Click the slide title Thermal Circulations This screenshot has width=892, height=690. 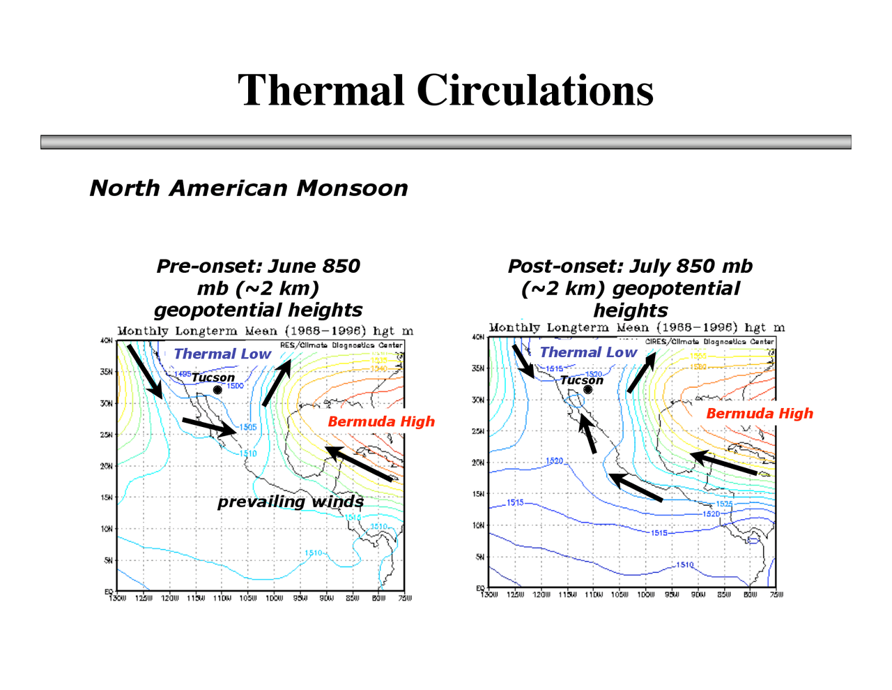[445, 91]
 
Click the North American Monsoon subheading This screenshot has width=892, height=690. [249, 188]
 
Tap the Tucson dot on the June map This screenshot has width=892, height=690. [217, 390]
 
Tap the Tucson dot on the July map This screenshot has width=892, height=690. [587, 389]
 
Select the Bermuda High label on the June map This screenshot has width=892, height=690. [380, 421]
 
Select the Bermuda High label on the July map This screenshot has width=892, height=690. [759, 413]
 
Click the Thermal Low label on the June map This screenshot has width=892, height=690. [222, 354]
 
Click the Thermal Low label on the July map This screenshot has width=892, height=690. [588, 352]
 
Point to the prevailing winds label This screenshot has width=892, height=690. [290, 502]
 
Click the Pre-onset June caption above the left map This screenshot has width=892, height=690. [258, 287]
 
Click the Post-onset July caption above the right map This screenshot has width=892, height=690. [630, 287]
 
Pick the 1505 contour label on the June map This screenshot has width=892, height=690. [247, 427]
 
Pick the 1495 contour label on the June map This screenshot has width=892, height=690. [183, 374]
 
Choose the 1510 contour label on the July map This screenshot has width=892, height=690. [684, 564]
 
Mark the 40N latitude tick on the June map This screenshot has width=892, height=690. [108, 341]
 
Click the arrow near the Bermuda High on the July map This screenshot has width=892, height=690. [723, 464]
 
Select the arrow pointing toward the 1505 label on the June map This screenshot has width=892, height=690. [209, 427]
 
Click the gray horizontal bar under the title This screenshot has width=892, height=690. [445, 142]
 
